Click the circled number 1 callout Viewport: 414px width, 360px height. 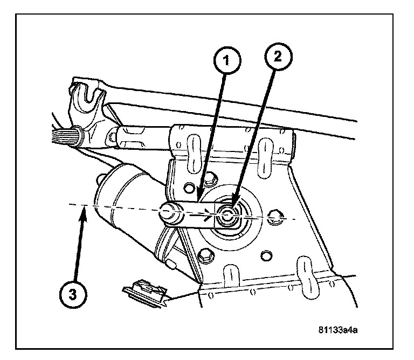pyautogui.click(x=227, y=61)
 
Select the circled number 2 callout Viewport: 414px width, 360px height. pyautogui.click(x=278, y=57)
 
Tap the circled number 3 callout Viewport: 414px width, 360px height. pyautogui.click(x=73, y=294)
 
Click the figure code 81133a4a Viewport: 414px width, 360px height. pyautogui.click(x=338, y=330)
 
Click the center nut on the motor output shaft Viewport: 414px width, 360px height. pyautogui.click(x=226, y=215)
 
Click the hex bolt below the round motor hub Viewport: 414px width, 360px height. pyautogui.click(x=205, y=255)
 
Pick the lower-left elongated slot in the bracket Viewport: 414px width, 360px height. pyautogui.click(x=231, y=276)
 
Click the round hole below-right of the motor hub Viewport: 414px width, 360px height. pyautogui.click(x=266, y=255)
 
